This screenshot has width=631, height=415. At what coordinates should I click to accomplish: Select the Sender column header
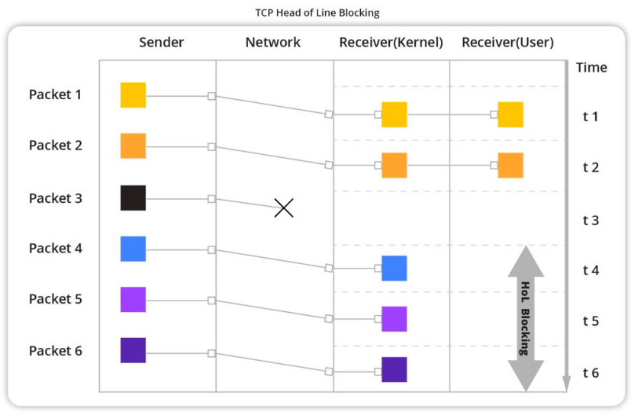[162, 43]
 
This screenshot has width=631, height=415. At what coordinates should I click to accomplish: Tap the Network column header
[273, 43]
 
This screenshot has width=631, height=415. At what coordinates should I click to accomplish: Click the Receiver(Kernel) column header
[391, 43]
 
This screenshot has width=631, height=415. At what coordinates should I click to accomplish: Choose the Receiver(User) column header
[507, 43]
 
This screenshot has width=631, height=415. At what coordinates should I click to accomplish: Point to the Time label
[591, 67]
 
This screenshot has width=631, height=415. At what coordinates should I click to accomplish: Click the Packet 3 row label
[55, 198]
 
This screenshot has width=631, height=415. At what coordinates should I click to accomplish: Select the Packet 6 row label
[55, 351]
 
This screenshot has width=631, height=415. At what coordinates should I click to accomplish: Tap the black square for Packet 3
[133, 198]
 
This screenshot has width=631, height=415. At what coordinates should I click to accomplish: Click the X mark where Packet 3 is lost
[284, 207]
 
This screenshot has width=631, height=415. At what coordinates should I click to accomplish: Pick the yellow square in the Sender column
[133, 95]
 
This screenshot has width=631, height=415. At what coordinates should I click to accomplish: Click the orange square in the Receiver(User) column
[510, 165]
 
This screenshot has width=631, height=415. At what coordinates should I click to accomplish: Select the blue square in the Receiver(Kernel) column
[394, 269]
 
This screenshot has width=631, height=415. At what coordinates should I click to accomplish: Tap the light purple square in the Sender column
[133, 299]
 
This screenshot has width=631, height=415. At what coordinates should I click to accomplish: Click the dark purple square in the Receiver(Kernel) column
[394, 369]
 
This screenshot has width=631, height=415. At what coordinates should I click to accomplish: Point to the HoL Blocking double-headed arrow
[525, 318]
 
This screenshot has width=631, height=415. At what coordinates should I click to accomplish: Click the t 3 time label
[591, 220]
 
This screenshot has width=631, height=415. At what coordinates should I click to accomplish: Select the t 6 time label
[591, 373]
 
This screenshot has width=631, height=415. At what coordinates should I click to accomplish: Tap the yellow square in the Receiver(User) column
[510, 114]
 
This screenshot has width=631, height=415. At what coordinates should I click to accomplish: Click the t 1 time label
[591, 117]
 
